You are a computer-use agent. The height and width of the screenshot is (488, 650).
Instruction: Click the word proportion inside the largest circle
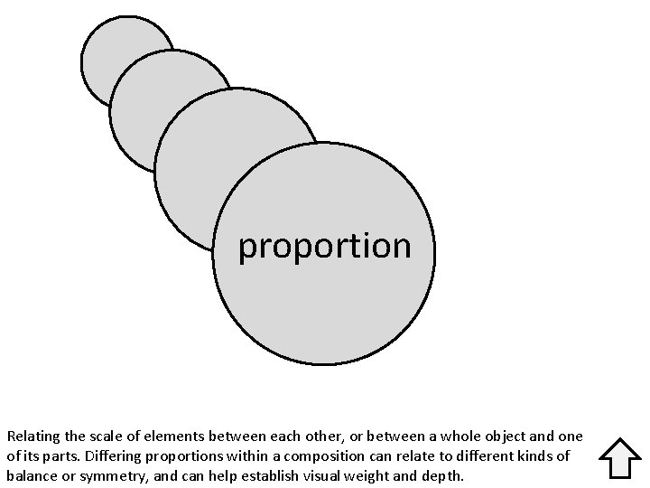[x=324, y=247]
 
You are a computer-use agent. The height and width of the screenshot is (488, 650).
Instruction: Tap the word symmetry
[x=102, y=475]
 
